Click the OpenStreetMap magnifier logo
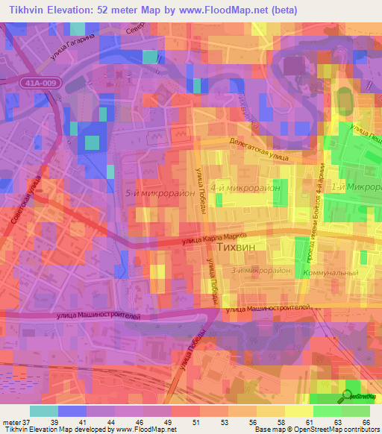349,395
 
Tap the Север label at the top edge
134,28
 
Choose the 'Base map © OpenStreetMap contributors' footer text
316,430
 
